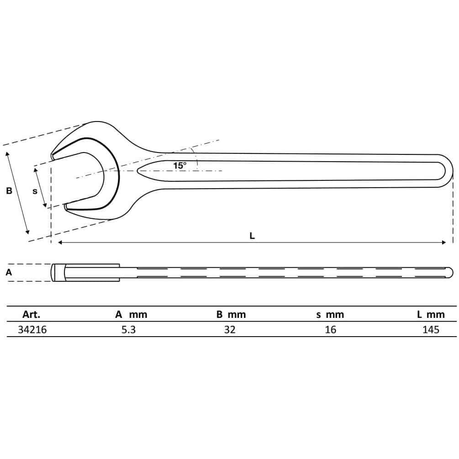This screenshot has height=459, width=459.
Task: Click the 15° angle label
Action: tap(180, 165)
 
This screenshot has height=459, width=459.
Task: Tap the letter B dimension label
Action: tap(9, 191)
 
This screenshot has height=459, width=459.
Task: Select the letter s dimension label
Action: tap(35, 191)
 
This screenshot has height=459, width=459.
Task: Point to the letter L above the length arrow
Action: tap(252, 236)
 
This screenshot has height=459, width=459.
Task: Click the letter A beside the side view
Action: tap(9, 273)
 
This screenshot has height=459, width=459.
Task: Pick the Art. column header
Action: tap(32, 314)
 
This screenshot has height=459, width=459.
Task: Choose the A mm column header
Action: tap(131, 314)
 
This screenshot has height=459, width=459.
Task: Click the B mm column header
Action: tap(231, 314)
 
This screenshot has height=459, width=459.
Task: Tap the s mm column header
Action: tap(330, 315)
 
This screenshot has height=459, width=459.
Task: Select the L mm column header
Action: tap(431, 314)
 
